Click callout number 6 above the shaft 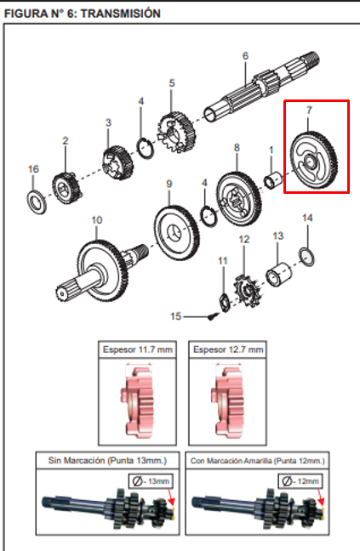245,56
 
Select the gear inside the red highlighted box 316,158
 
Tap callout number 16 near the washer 33,169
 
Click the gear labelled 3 113,161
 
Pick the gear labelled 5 177,127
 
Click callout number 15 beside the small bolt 175,316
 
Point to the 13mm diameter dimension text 158,482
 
